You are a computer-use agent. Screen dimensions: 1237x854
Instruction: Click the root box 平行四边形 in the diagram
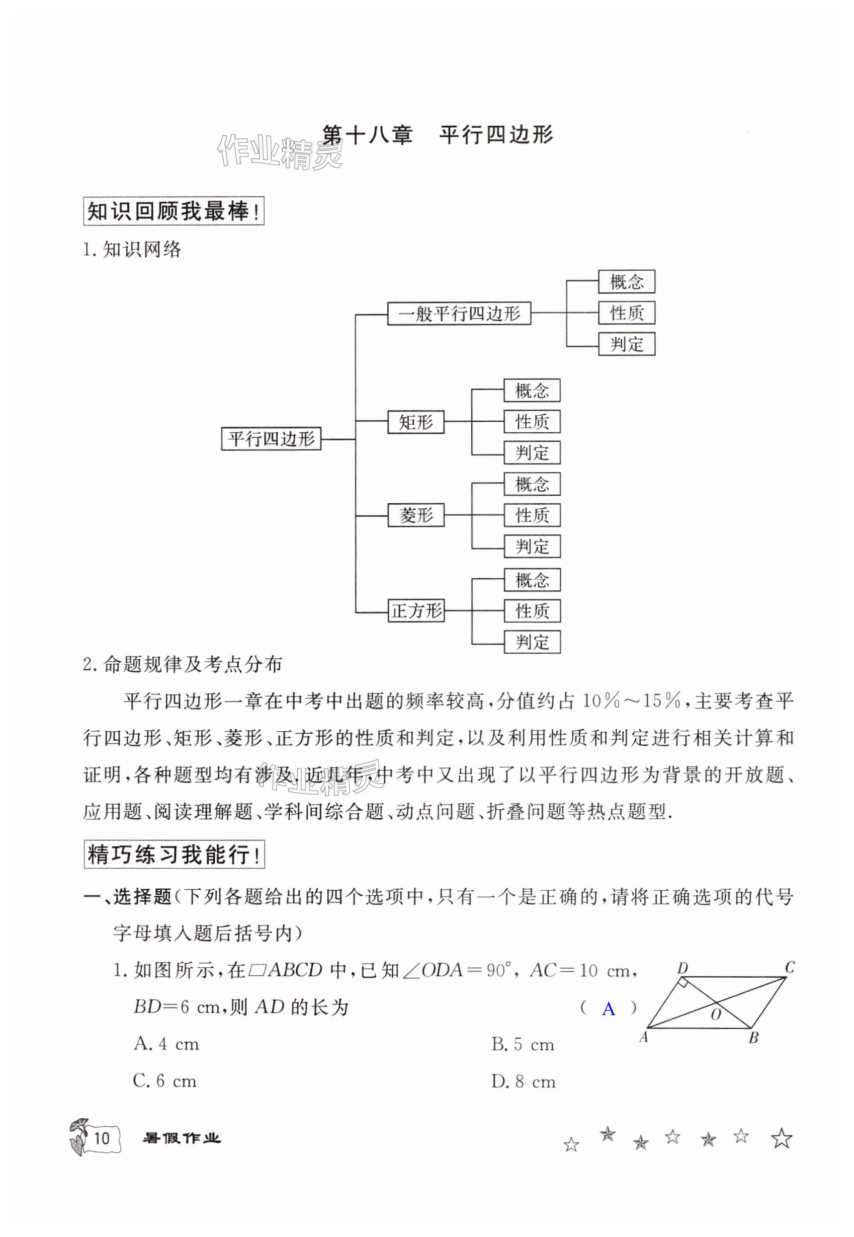[x=271, y=439]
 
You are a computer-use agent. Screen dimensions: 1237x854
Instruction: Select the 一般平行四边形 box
[x=459, y=314]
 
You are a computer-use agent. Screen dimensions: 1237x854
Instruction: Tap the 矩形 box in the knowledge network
[x=416, y=422]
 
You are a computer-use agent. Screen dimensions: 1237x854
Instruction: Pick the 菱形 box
[x=416, y=515]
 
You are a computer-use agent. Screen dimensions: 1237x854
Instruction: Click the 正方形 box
[x=416, y=611]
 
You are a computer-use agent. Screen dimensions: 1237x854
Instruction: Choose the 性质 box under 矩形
[x=532, y=422]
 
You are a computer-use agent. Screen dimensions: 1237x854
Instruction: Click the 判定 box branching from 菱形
[x=532, y=547]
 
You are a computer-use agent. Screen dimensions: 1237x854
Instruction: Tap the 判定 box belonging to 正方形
[x=532, y=642]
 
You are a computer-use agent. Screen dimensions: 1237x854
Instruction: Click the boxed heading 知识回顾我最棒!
[x=174, y=212]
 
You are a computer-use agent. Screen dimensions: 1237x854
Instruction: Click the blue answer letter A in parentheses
[x=609, y=1010]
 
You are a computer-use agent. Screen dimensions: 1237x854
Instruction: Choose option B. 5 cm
[x=523, y=1044]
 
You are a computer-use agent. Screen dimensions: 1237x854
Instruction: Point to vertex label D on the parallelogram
[x=682, y=968]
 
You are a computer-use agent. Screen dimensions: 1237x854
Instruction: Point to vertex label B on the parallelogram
[x=753, y=1038]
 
